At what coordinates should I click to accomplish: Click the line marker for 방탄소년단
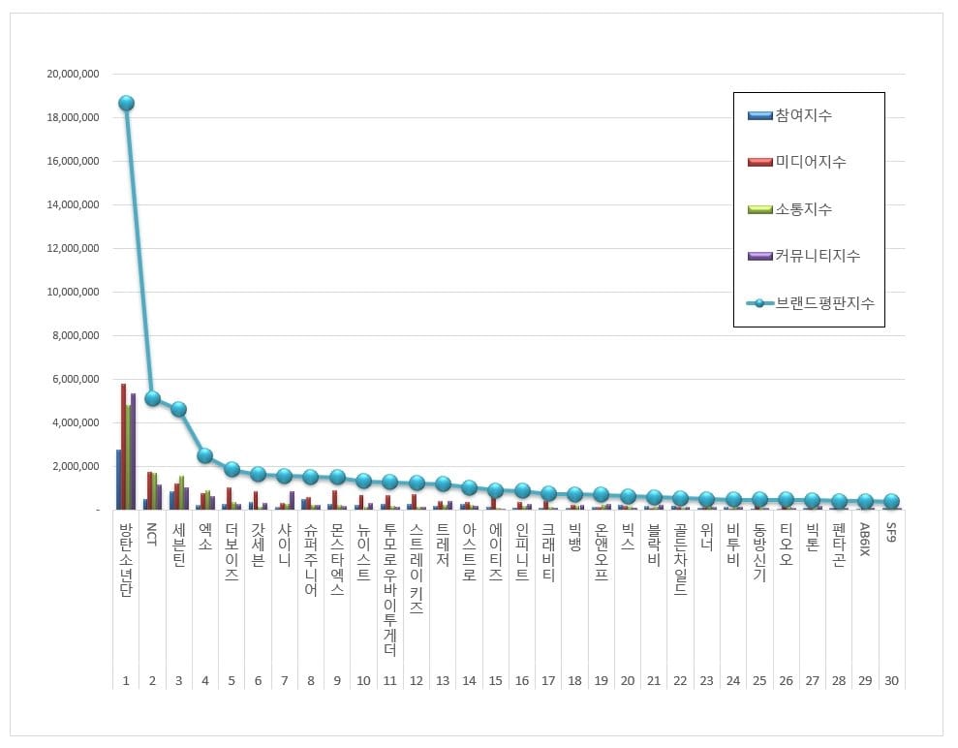pyautogui.click(x=126, y=103)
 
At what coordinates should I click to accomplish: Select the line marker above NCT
pyautogui.click(x=152, y=397)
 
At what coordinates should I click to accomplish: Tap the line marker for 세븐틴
pyautogui.click(x=178, y=409)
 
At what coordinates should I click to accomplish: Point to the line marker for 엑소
pyautogui.click(x=204, y=454)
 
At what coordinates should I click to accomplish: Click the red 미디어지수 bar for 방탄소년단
pyautogui.click(x=123, y=446)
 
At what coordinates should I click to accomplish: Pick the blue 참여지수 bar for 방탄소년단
pyautogui.click(x=118, y=479)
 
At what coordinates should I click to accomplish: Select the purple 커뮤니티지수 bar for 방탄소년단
pyautogui.click(x=133, y=451)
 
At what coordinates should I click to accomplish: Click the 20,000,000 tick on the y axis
pyautogui.click(x=73, y=74)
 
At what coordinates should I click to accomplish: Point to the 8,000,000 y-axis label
pyautogui.click(x=75, y=335)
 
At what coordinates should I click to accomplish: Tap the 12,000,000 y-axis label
pyautogui.click(x=73, y=248)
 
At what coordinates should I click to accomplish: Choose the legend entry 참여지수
pyautogui.click(x=803, y=116)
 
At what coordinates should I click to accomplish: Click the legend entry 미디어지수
pyautogui.click(x=810, y=162)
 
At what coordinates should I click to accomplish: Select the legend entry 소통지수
pyautogui.click(x=803, y=209)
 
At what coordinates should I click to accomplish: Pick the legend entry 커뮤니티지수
pyautogui.click(x=817, y=256)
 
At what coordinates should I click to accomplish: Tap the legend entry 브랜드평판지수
pyautogui.click(x=823, y=303)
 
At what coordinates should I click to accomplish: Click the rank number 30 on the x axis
pyautogui.click(x=891, y=681)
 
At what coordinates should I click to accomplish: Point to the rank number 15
pyautogui.click(x=495, y=681)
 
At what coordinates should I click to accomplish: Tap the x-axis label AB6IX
pyautogui.click(x=865, y=540)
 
